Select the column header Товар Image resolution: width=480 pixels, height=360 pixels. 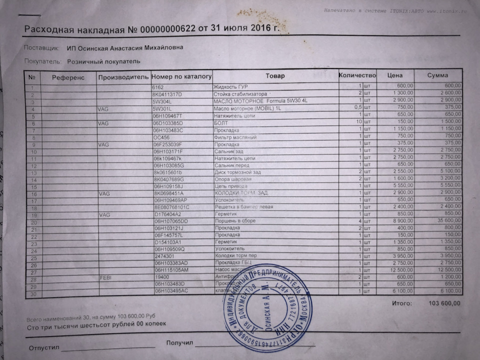[x=274, y=75]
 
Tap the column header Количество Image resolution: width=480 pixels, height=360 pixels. [x=357, y=75]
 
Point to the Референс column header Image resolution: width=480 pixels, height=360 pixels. [x=69, y=77]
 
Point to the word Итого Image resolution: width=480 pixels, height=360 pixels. [x=402, y=303]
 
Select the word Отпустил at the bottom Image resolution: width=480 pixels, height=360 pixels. [x=44, y=347]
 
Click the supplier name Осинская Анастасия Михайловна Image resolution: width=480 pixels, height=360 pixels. [x=124, y=48]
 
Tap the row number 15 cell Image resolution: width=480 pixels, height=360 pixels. [x=34, y=186]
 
